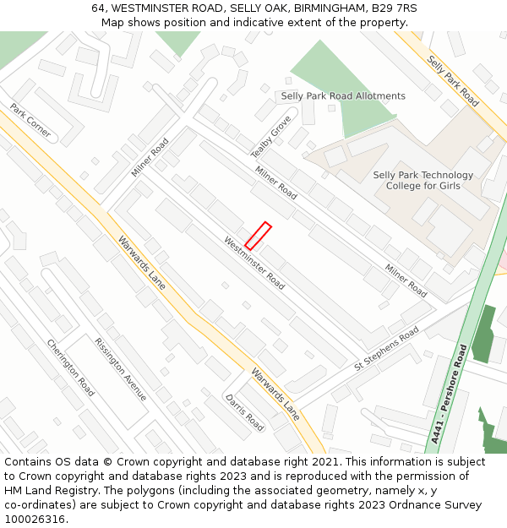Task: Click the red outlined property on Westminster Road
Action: (x=258, y=235)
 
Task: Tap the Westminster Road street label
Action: (x=254, y=263)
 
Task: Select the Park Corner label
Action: (x=30, y=121)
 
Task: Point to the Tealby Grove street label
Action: (x=270, y=137)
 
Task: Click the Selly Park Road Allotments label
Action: (x=343, y=96)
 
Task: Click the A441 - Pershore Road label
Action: (x=448, y=394)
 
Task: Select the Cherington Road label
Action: (x=70, y=368)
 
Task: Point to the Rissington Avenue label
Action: (x=121, y=369)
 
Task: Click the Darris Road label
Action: (x=244, y=412)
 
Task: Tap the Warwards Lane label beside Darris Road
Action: (x=275, y=394)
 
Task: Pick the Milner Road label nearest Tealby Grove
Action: (x=276, y=182)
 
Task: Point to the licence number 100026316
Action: (x=35, y=519)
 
